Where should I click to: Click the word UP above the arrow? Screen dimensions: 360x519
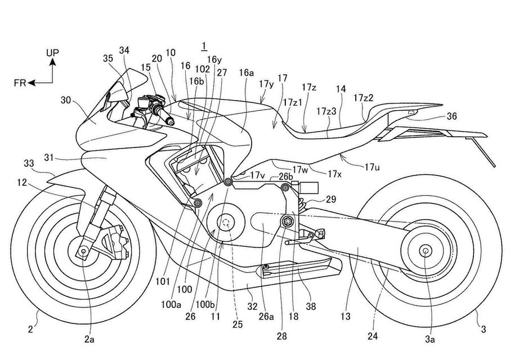coord(52,53)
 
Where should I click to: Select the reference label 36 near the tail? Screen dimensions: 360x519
coord(452,116)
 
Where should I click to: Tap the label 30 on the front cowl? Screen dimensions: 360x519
coord(65,102)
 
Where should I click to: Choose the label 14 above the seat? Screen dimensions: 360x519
coord(341,89)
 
